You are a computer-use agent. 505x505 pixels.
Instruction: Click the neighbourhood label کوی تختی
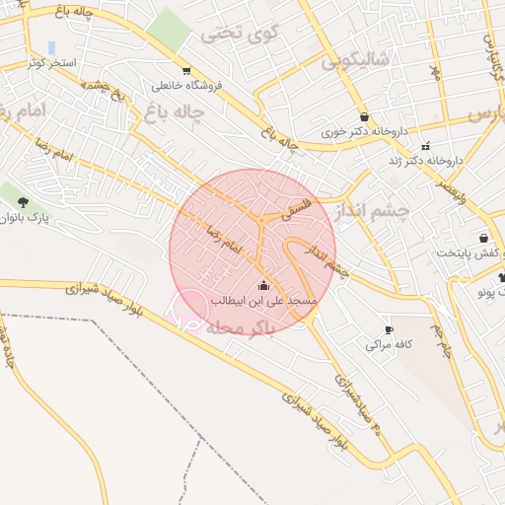pos(234,34)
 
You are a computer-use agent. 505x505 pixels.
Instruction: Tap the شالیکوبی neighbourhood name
pos(356,60)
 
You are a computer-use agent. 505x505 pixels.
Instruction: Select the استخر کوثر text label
pos(50,63)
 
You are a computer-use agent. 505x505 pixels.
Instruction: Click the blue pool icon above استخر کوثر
pos(51,47)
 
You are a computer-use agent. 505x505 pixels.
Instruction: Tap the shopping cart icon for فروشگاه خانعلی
pos(186,70)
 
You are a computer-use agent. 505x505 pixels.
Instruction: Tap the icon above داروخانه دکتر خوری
pos(364,115)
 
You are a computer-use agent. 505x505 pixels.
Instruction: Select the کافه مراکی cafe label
pos(388,344)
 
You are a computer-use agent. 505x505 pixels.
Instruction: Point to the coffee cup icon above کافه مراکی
pos(389,329)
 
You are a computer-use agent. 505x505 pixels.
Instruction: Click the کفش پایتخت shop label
pos(471,252)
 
